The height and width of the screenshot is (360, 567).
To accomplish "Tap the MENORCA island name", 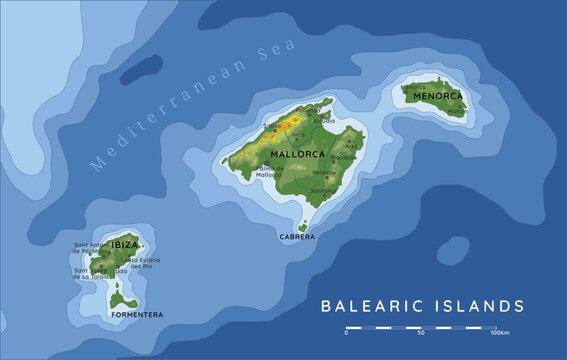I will (x=440, y=96).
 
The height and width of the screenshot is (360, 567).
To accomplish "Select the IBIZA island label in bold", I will (x=125, y=245).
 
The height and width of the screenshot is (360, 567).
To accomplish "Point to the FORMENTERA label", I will (x=136, y=315).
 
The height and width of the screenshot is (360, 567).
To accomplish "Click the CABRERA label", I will (x=298, y=237).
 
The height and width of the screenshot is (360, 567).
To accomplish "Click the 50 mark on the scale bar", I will (x=421, y=334).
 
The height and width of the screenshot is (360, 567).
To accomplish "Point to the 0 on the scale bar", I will (x=346, y=334).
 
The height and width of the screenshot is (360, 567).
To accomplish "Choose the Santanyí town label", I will (x=322, y=191).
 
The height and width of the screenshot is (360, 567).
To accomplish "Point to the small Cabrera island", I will (x=303, y=226).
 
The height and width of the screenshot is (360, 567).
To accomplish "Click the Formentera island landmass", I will (x=124, y=299).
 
